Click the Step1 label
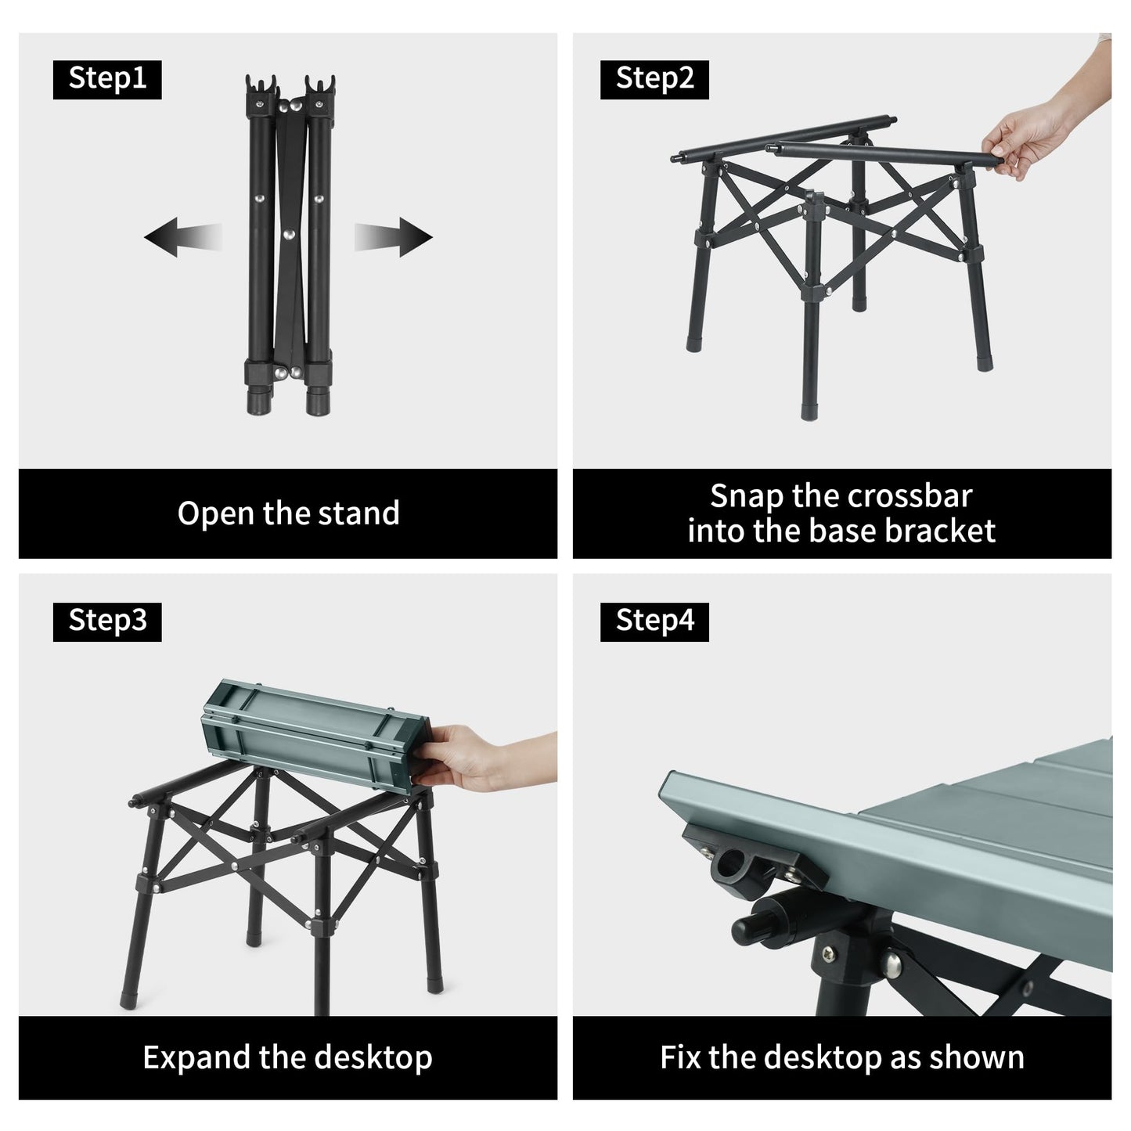(106, 79)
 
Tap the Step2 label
(654, 79)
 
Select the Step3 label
(106, 621)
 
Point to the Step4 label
(654, 621)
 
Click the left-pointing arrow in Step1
(183, 237)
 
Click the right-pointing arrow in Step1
(393, 237)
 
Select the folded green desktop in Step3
(315, 736)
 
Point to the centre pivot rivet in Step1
(287, 235)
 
